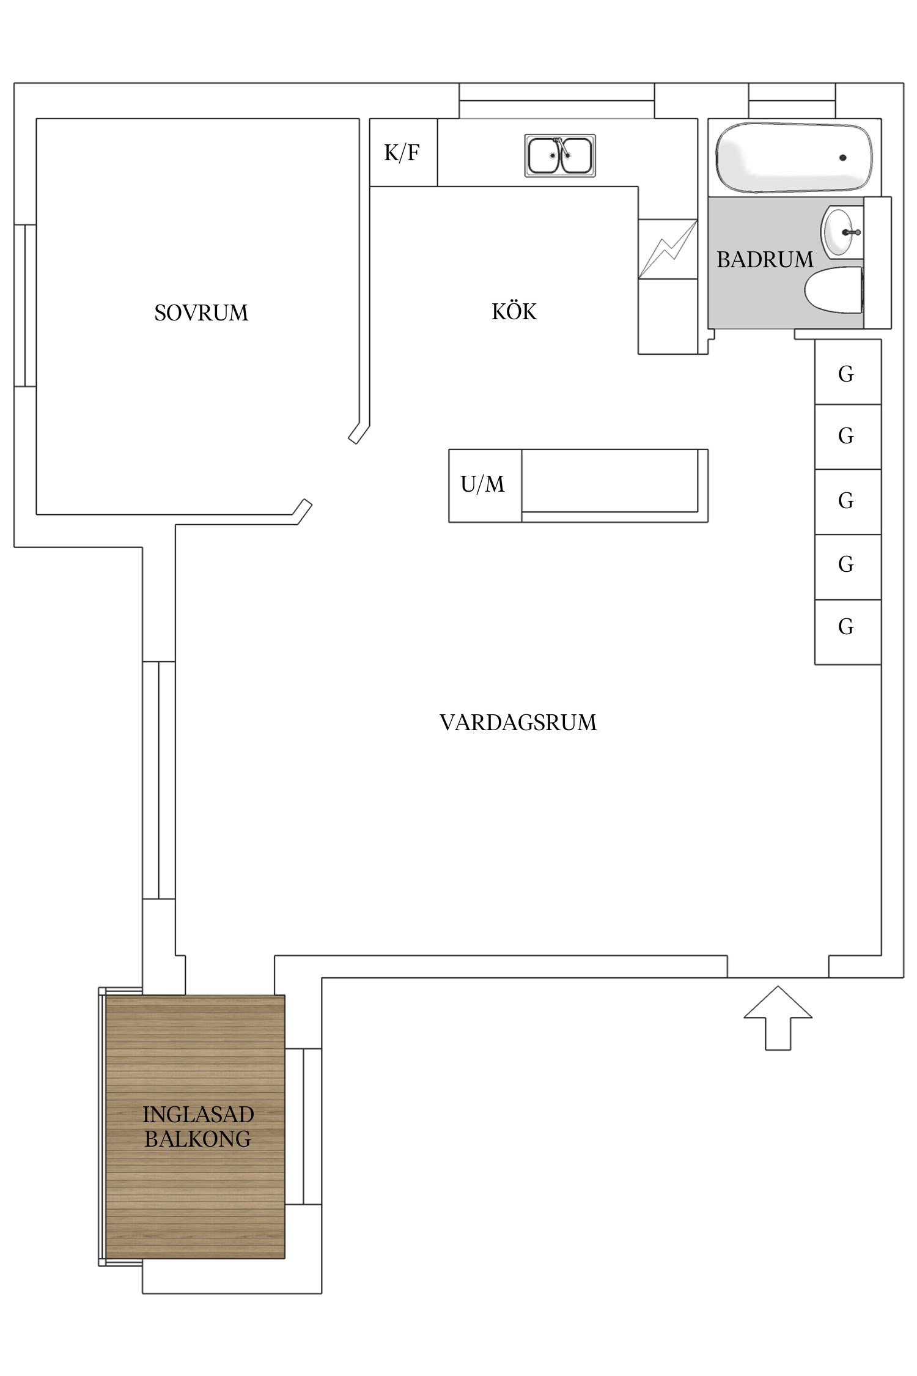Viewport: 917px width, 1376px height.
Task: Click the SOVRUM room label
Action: (201, 313)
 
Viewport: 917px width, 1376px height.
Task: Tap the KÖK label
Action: (514, 311)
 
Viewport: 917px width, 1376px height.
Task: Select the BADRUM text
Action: (765, 260)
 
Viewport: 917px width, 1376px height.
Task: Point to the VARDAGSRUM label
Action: (518, 722)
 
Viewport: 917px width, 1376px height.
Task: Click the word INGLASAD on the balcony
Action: (198, 1114)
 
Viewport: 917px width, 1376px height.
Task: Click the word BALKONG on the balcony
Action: (197, 1139)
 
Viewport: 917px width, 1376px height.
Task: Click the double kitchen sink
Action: (560, 155)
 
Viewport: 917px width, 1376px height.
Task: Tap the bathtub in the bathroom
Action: (794, 157)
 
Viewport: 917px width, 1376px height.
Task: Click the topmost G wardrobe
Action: (847, 373)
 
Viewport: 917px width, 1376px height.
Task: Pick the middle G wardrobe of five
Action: (847, 501)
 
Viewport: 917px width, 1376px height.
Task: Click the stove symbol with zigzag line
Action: (668, 249)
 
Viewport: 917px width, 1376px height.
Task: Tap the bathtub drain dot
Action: (842, 158)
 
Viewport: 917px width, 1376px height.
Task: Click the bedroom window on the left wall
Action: (25, 305)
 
